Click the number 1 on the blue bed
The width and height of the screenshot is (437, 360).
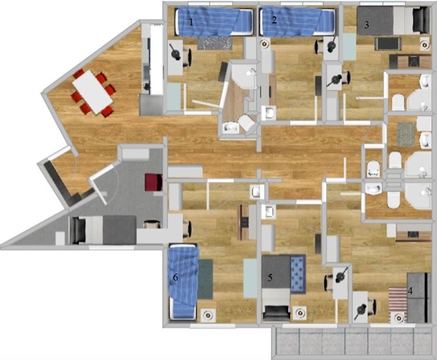coord(191,22)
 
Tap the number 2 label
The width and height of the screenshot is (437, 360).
coord(274,20)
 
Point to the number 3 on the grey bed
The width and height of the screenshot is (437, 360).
coord(367,25)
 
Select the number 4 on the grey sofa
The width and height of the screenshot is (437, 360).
coord(410,291)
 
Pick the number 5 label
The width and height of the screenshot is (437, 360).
coord(270,278)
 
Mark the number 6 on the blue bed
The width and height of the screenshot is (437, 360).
coord(175,277)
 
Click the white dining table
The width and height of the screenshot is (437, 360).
coord(93,92)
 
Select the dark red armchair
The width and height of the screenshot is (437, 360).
coord(153,182)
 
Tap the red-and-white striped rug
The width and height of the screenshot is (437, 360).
coord(398,305)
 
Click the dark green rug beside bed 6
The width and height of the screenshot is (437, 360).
coord(205,279)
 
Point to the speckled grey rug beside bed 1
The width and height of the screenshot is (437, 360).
coord(215,44)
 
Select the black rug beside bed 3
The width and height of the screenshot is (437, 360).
coord(387,44)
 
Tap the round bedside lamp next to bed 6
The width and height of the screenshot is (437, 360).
coord(207,315)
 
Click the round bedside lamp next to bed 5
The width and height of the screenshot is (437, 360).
coord(300,313)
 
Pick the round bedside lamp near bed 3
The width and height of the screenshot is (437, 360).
coord(425,44)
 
